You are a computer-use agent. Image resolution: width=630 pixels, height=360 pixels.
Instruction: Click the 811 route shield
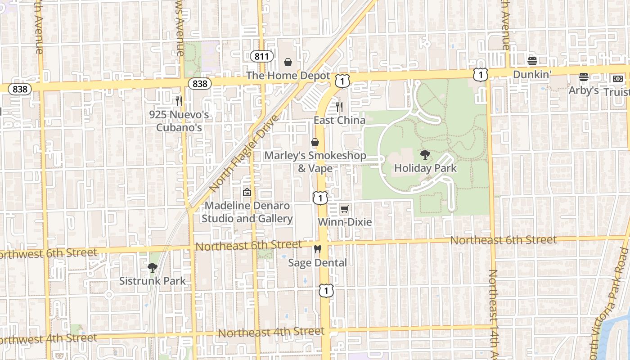point(262,56)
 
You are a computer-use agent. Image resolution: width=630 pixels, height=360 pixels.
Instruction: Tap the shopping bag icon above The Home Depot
point(288,62)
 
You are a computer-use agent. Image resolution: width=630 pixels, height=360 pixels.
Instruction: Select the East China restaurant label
point(339,120)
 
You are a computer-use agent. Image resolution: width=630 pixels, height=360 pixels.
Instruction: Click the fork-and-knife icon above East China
point(339,107)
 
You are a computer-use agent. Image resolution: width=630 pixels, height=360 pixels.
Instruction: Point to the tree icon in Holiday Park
point(425,155)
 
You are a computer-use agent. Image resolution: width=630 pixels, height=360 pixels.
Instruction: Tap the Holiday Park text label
point(425,168)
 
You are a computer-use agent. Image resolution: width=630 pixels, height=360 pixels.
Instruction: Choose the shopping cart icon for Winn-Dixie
point(345,209)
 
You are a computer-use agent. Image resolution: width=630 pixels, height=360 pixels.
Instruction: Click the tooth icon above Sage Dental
point(318,249)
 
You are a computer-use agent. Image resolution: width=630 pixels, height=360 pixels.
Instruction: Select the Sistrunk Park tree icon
point(153,268)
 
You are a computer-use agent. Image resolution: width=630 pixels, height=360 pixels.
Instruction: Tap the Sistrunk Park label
point(153,281)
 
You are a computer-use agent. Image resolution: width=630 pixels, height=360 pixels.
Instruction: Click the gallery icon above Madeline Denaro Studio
point(247,193)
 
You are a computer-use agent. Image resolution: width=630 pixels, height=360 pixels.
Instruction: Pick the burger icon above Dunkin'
point(532,61)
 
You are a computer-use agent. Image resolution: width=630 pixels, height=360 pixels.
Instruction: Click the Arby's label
point(584,90)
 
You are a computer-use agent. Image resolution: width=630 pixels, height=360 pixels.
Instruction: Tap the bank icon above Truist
point(618,78)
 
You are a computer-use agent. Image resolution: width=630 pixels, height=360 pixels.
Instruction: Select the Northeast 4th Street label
point(271,333)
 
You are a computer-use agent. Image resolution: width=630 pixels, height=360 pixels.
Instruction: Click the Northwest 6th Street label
point(47,253)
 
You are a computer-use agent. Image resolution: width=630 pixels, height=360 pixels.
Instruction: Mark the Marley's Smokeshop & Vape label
point(315,162)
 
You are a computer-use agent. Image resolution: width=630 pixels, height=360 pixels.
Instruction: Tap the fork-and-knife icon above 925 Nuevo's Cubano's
point(179,101)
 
